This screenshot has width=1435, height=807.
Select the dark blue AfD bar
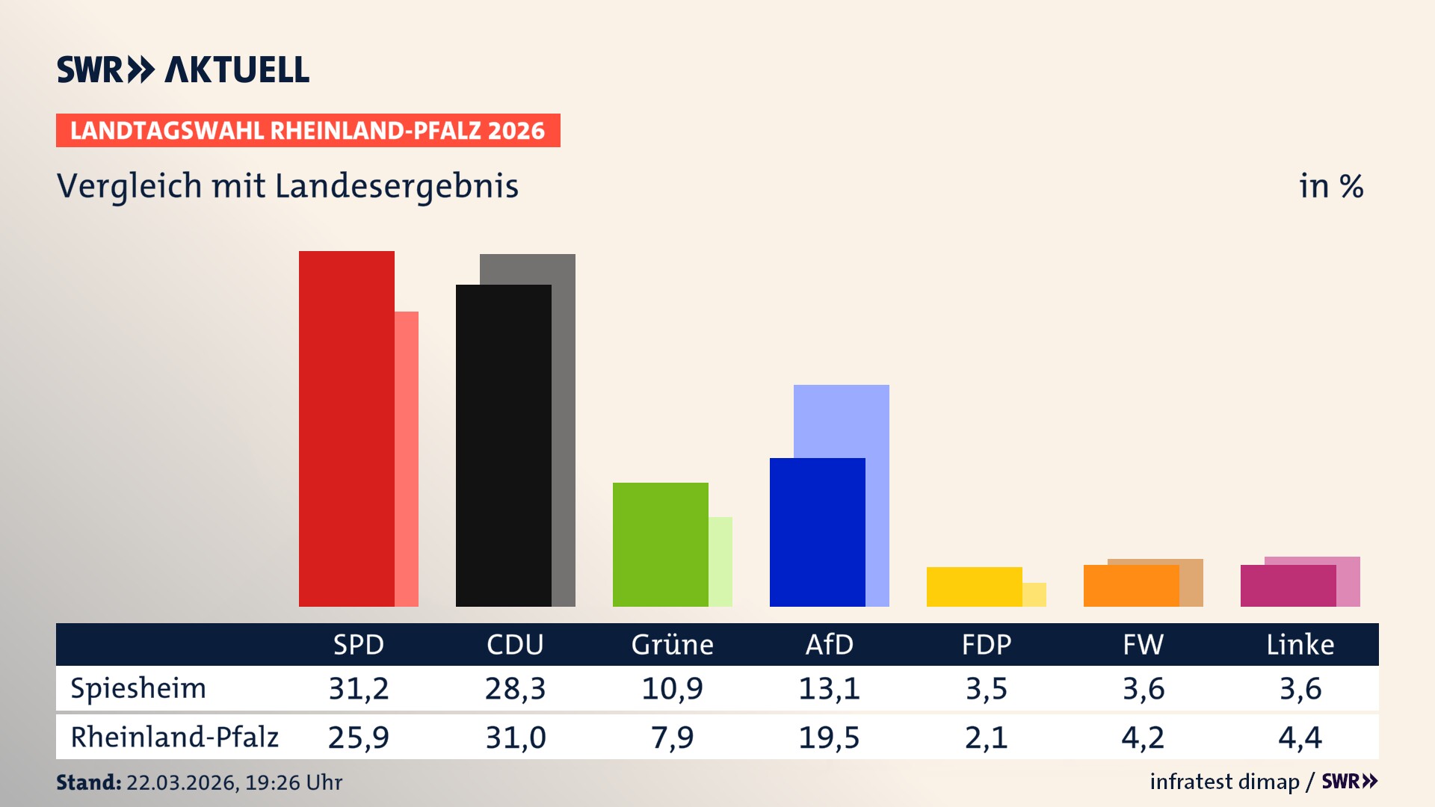[x=817, y=532]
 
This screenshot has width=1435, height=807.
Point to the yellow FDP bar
[x=974, y=587]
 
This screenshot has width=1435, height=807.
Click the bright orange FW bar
[x=1131, y=585]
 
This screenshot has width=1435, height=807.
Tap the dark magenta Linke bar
[x=1288, y=585]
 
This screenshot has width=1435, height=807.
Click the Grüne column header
[x=672, y=644]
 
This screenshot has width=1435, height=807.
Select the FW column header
[x=1143, y=644]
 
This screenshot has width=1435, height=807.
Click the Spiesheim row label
[x=138, y=688]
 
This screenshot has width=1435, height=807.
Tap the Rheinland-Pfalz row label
[x=174, y=737]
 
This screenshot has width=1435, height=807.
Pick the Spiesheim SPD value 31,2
[x=359, y=688]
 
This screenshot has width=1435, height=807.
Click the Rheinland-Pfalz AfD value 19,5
[x=829, y=738]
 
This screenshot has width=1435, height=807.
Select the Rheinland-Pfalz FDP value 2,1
[x=986, y=738]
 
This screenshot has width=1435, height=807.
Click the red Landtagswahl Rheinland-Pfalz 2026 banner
[x=308, y=130]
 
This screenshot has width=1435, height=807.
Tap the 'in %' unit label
[x=1330, y=186]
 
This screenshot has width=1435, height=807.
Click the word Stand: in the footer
[x=88, y=782]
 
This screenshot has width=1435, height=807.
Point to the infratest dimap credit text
[x=1224, y=782]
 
